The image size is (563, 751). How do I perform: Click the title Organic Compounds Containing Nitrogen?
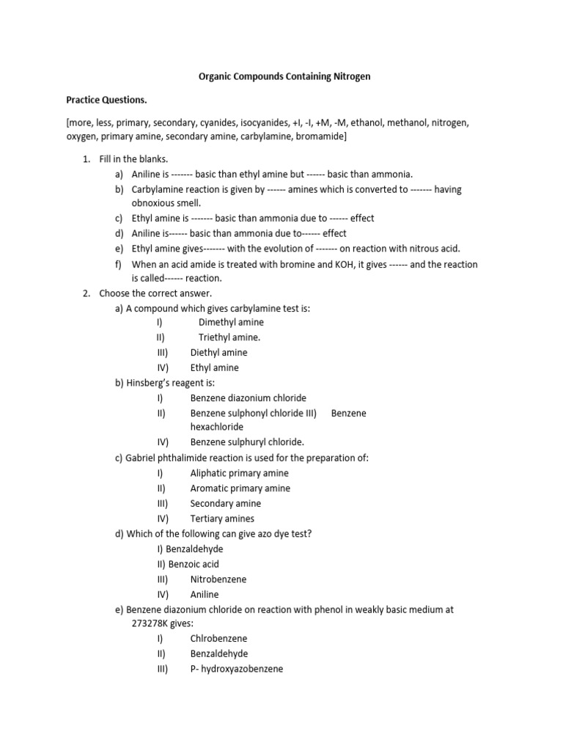click(281, 76)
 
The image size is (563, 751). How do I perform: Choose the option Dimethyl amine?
click(231, 322)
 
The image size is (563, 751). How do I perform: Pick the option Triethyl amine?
click(229, 337)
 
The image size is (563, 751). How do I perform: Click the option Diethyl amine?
click(218, 353)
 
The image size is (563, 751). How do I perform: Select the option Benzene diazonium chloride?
click(249, 398)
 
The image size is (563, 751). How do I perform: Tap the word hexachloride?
click(217, 427)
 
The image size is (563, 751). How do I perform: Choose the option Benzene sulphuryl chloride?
click(247, 442)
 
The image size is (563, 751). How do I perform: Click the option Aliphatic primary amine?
click(240, 473)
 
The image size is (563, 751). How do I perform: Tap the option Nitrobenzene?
click(218, 579)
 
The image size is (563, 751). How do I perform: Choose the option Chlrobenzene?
click(218, 639)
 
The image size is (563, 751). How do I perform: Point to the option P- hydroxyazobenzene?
click(237, 669)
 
